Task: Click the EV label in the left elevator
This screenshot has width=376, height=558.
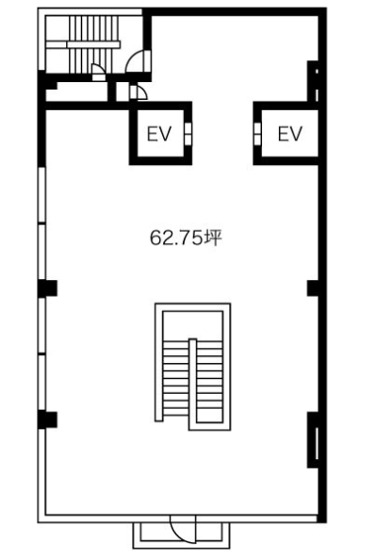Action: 159,134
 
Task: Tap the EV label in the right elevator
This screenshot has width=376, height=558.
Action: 290,134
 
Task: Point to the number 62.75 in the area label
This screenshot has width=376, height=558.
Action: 175,238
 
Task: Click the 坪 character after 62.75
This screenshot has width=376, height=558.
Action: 212,238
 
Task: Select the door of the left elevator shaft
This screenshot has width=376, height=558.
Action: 188,134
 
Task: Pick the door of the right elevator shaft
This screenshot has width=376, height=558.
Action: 257,134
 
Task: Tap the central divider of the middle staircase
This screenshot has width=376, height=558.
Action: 192,384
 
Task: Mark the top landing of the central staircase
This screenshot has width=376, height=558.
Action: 192,325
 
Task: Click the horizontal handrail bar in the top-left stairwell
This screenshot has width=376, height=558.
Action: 93,44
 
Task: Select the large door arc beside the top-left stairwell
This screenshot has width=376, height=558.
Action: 139,61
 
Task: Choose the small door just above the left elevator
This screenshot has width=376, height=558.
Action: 138,92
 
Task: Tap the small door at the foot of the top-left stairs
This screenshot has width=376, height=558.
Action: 98,72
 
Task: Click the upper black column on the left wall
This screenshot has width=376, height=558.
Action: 47,287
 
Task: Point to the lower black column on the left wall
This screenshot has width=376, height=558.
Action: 47,419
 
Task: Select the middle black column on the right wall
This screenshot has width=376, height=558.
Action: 314,287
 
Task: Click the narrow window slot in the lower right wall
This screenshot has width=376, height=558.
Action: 317,443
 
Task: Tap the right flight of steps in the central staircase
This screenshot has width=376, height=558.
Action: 209,382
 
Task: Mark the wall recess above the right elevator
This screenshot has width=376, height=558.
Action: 313,81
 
